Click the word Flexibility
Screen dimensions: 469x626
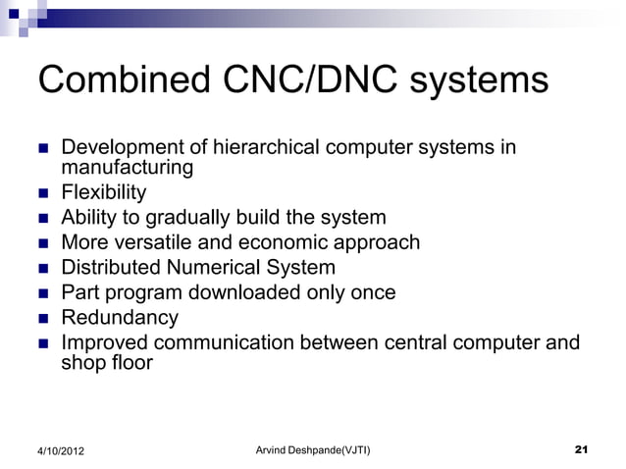click(104, 192)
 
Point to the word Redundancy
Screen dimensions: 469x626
click(120, 318)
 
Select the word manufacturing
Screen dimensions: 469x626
click(128, 168)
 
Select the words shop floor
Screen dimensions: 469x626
click(107, 362)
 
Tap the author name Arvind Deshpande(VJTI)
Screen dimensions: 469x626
click(312, 449)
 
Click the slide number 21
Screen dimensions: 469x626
click(580, 449)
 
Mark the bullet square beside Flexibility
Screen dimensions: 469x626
click(42, 193)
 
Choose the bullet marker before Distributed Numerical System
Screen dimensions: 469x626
click(42, 268)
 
